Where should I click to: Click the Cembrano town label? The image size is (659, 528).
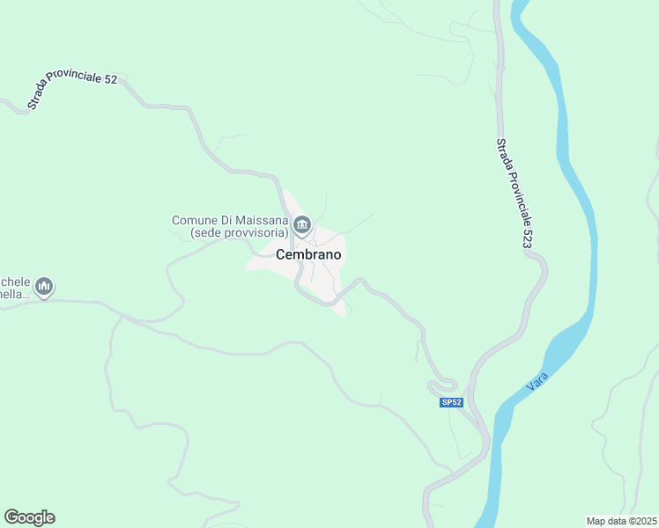point(308,254)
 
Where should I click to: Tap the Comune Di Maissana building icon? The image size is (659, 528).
point(302,226)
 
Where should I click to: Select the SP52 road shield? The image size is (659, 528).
point(451,402)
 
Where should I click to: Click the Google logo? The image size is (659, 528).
point(29,517)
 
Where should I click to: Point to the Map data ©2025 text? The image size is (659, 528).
point(622,521)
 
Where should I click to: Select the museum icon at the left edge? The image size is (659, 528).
point(44,287)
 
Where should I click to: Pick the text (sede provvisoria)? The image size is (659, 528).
point(240,233)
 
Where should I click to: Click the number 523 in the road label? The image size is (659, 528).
point(528,235)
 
